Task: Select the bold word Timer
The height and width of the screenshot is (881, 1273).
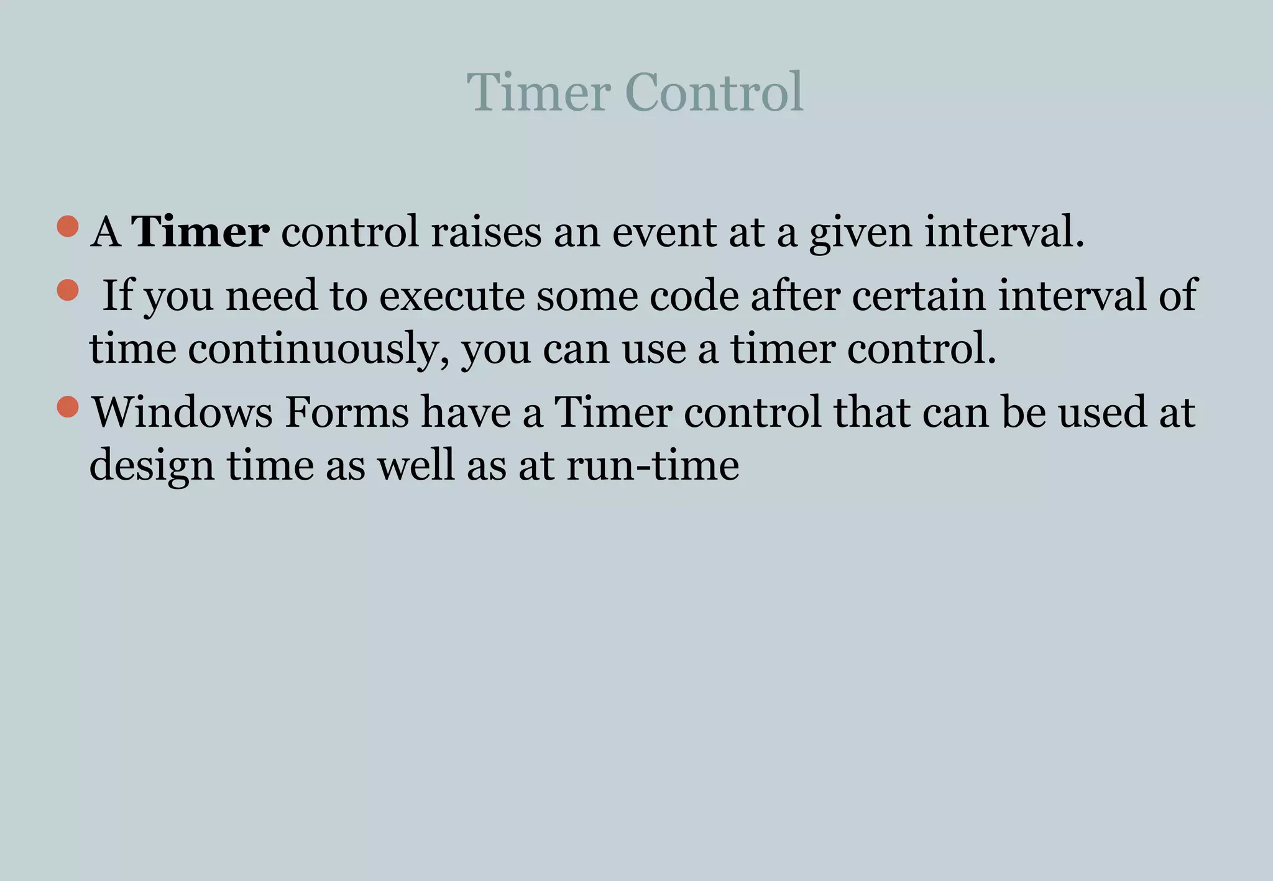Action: (x=200, y=232)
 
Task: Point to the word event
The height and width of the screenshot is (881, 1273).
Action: (x=664, y=232)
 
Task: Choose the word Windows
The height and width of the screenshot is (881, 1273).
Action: (x=182, y=412)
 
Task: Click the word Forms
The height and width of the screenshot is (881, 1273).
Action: (x=347, y=412)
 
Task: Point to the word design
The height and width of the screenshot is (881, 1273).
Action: (x=151, y=466)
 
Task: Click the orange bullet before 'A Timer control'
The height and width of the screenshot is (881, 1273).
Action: (x=67, y=226)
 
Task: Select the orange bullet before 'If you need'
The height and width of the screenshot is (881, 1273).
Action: (x=67, y=290)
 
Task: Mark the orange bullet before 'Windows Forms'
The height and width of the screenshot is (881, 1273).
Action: (x=67, y=407)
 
